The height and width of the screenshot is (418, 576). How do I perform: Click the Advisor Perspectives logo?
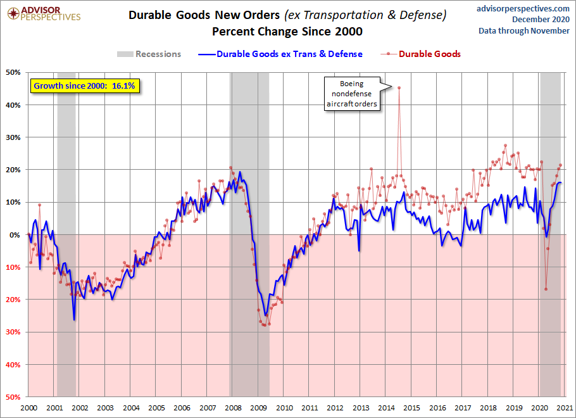[44, 14]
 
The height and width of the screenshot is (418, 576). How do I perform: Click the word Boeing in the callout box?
[351, 84]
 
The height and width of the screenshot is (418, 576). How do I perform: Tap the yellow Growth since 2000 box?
[84, 86]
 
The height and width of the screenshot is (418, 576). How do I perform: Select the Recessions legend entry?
[149, 54]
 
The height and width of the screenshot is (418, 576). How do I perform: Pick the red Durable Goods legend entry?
[421, 54]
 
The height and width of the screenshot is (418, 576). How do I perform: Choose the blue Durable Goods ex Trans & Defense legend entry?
[280, 54]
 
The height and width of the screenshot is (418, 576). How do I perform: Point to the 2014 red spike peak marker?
[399, 87]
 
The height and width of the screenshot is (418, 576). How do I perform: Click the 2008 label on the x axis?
[233, 408]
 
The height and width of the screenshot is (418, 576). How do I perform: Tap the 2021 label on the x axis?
[565, 408]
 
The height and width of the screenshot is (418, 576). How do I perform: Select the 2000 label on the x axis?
[28, 408]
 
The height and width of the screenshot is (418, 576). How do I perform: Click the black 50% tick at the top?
[13, 72]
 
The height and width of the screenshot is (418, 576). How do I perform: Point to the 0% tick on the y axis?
[15, 235]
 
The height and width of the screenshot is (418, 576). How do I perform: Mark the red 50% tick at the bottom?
[13, 397]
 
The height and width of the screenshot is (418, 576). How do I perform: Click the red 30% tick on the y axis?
[13, 332]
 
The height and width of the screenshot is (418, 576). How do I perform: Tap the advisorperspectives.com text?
[523, 8]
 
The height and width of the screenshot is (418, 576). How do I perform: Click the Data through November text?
[524, 31]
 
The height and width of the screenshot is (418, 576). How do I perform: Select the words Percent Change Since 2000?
[287, 32]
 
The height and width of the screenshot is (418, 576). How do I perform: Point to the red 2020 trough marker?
[546, 289]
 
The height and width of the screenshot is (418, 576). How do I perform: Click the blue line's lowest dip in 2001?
[74, 320]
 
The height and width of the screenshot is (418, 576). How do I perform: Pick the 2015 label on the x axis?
[411, 408]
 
